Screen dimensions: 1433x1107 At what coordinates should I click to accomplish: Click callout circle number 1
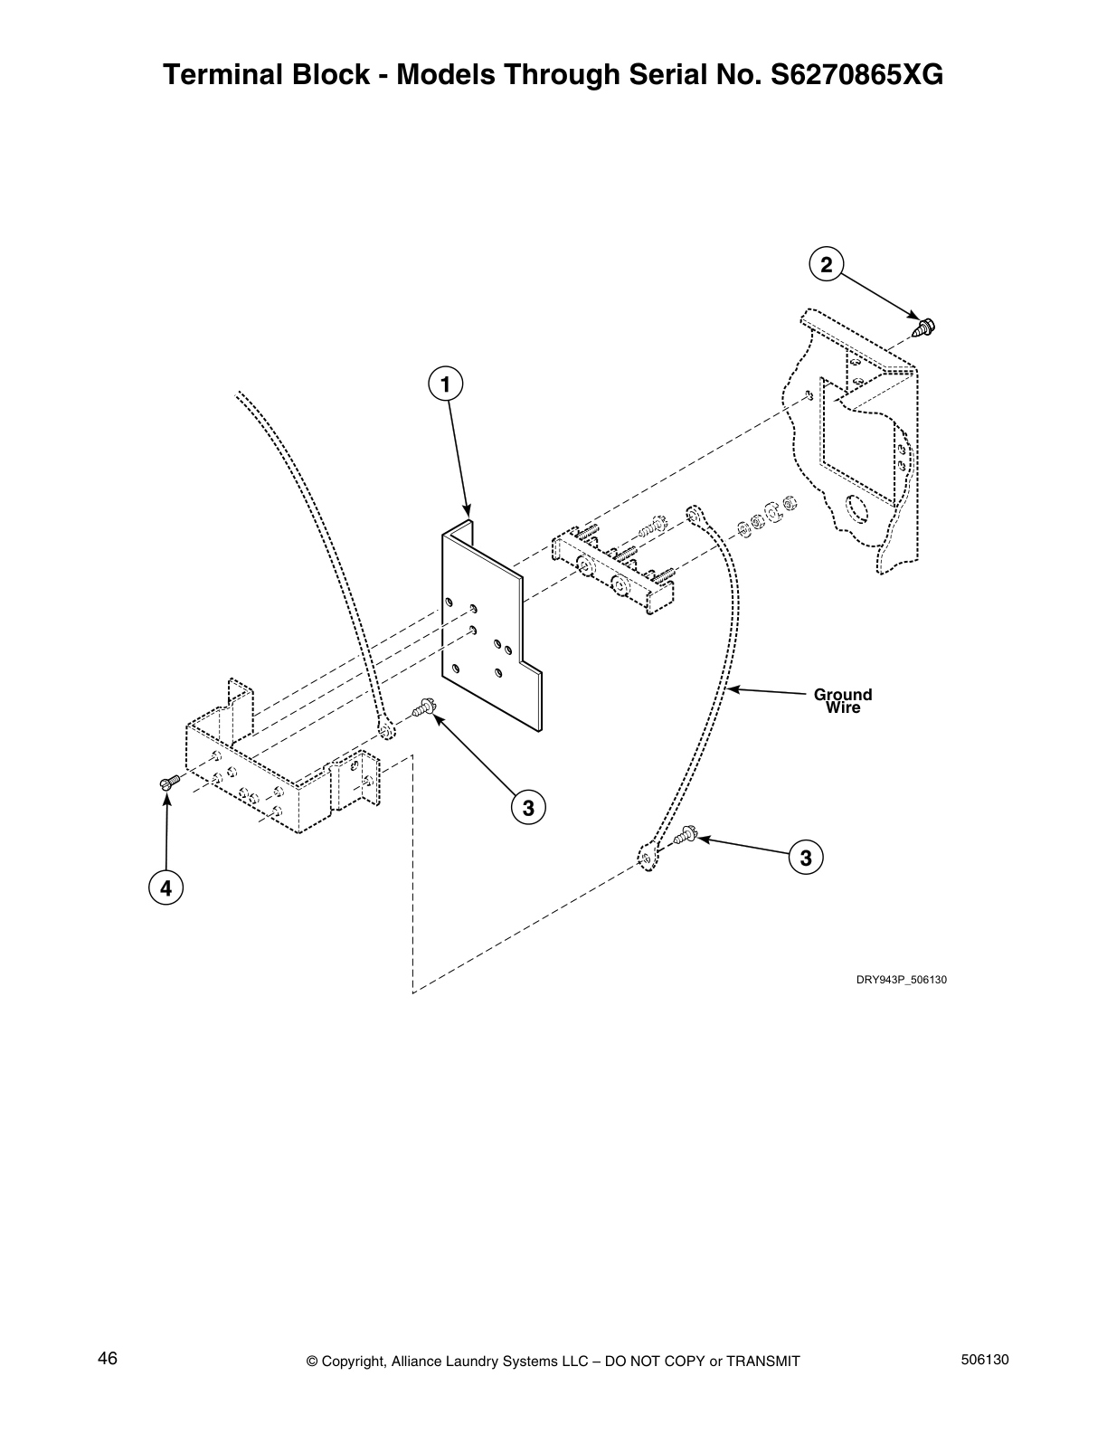coord(444,384)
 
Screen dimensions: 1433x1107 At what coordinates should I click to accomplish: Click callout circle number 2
coord(825,264)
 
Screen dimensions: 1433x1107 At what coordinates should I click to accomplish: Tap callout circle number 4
coord(166,888)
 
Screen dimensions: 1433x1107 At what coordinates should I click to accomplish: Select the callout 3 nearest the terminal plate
coord(528,806)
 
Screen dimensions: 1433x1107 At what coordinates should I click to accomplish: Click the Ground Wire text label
coord(843,701)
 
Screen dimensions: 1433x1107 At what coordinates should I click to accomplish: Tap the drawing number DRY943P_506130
coord(902,980)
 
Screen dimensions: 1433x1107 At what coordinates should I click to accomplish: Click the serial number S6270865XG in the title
coord(855,75)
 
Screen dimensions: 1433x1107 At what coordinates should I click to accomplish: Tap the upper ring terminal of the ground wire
coord(694,516)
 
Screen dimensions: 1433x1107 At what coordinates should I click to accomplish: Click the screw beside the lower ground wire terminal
coord(685,835)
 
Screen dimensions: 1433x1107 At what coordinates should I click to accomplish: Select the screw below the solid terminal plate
coord(424,710)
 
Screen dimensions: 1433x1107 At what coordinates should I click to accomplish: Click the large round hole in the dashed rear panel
coord(855,509)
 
